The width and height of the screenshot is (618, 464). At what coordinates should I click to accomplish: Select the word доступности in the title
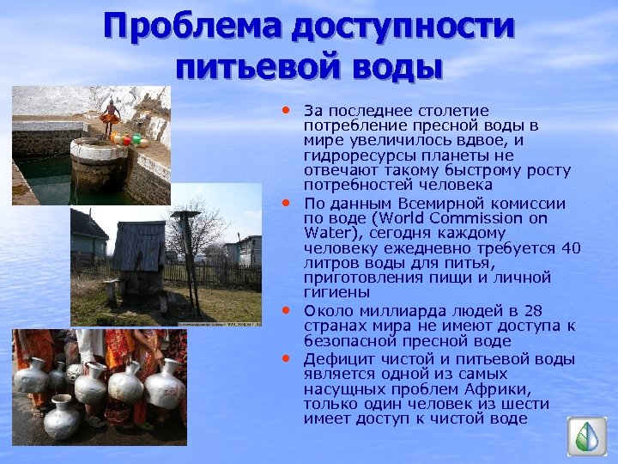pos(403,27)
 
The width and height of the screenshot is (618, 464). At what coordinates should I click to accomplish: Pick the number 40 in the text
pos(572,248)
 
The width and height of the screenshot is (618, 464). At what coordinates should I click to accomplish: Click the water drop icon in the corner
pos(587,437)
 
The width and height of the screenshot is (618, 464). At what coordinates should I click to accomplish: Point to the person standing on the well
pos(110,116)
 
